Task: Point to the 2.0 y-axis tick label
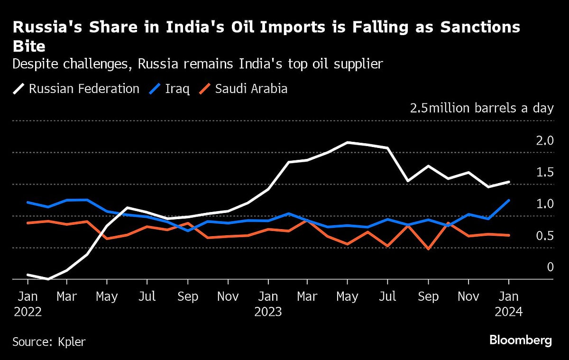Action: click(544, 140)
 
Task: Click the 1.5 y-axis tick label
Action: click(544, 172)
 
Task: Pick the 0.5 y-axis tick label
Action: click(544, 236)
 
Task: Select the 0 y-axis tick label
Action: click(550, 267)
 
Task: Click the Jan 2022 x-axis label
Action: click(28, 304)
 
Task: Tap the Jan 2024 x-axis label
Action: click(509, 304)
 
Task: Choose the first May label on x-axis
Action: click(107, 296)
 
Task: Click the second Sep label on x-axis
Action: click(428, 296)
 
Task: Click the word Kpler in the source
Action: click(72, 342)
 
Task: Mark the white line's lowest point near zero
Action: click(48, 279)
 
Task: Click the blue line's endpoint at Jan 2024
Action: click(509, 200)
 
